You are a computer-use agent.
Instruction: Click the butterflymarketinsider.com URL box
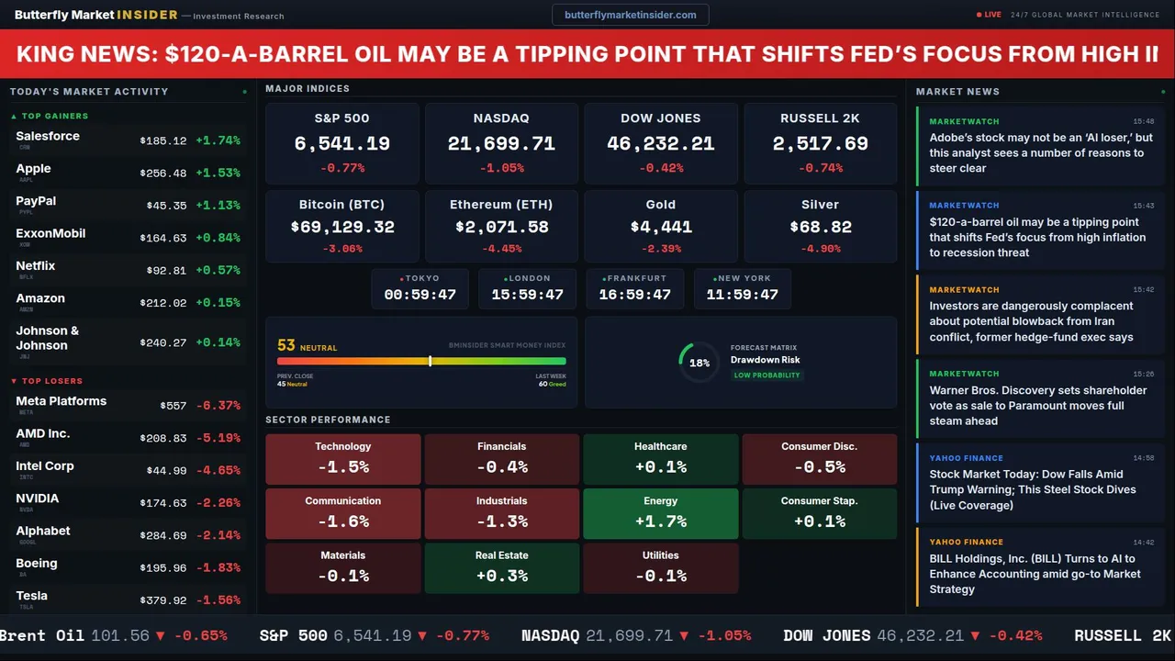click(x=630, y=15)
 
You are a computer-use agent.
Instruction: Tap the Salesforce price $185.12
click(x=163, y=141)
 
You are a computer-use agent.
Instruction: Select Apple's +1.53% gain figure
click(x=218, y=174)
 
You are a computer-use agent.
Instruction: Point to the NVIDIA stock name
click(x=38, y=499)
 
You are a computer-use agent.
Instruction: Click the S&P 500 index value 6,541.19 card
click(x=342, y=143)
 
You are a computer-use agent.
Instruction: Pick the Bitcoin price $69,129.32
click(x=342, y=227)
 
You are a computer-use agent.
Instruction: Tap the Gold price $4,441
click(x=661, y=227)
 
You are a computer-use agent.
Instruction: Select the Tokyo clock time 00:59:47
click(x=420, y=295)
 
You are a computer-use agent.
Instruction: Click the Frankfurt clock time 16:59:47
click(x=635, y=295)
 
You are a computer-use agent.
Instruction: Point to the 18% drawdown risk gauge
click(x=699, y=363)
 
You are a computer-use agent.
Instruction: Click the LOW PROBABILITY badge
click(x=767, y=375)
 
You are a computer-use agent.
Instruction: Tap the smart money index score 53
click(x=286, y=345)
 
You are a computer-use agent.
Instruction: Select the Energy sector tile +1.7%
click(x=661, y=513)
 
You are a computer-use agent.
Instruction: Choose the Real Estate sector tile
click(x=502, y=567)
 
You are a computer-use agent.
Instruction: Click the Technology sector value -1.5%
click(x=343, y=466)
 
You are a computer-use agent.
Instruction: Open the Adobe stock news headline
click(x=1040, y=152)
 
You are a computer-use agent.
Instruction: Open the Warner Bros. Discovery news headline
click(x=1037, y=405)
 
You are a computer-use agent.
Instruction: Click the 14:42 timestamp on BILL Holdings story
click(x=1143, y=542)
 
